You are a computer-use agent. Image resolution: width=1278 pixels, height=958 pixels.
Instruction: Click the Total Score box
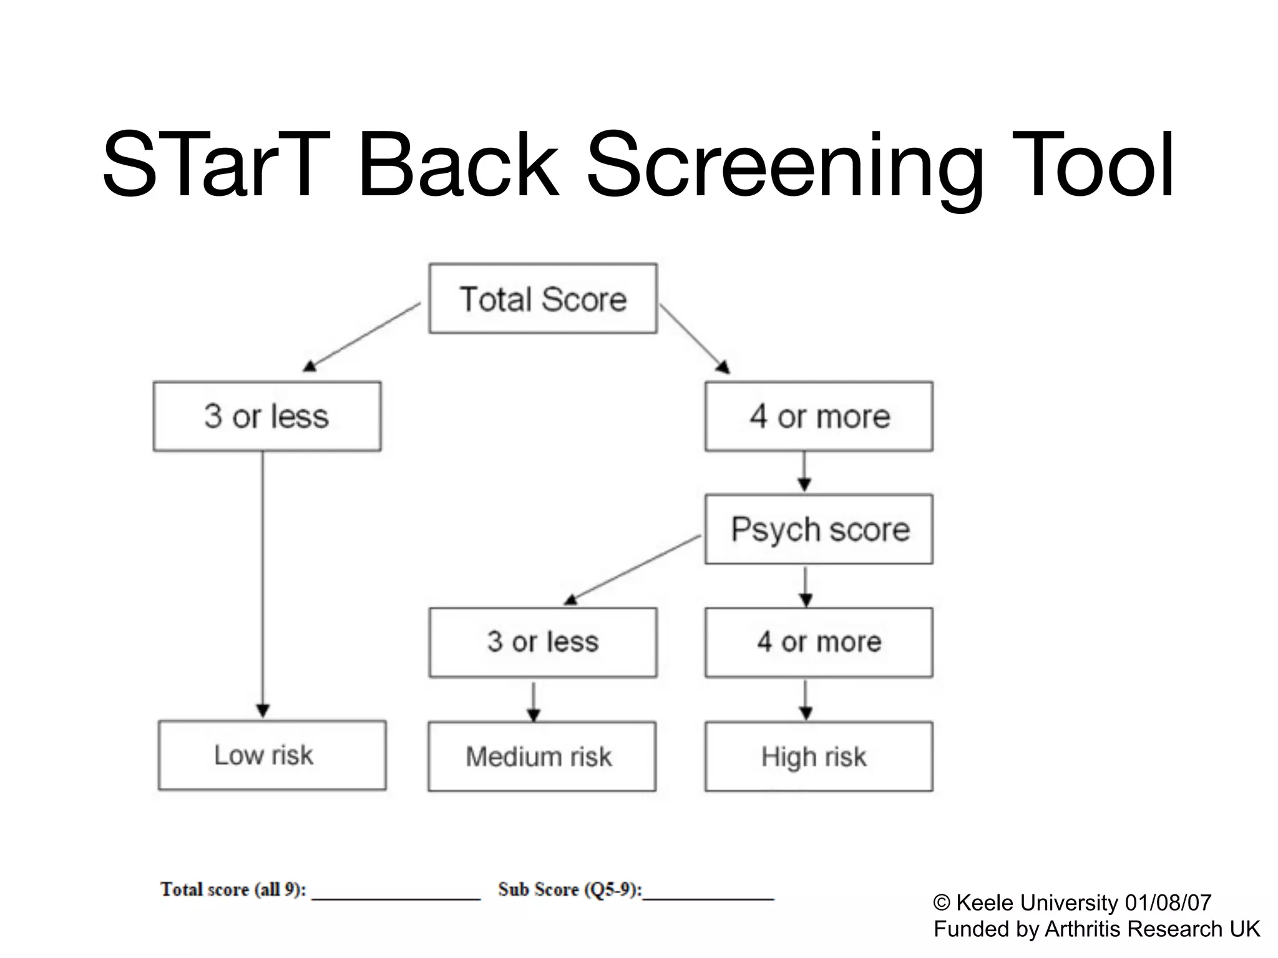click(x=543, y=299)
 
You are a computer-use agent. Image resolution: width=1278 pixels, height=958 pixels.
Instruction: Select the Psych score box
click(x=819, y=530)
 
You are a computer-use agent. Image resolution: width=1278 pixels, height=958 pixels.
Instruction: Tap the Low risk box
click(x=272, y=755)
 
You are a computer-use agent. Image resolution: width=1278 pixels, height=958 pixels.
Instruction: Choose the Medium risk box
click(x=542, y=757)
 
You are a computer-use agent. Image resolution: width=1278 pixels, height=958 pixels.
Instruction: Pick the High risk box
click(x=819, y=757)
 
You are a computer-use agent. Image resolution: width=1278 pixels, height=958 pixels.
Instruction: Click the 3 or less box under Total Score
click(x=267, y=416)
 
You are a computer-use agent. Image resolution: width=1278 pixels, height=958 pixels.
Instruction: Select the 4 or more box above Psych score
click(x=819, y=416)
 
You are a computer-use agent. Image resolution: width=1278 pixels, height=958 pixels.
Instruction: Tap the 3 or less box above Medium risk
click(x=543, y=642)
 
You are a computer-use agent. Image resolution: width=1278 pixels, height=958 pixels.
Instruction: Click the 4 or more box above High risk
click(x=819, y=642)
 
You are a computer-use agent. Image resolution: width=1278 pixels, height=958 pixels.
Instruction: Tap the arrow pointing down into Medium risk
click(x=534, y=701)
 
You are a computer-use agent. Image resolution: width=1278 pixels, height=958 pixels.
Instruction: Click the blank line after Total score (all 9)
click(x=396, y=897)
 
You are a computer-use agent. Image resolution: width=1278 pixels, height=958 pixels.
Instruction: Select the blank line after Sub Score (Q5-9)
click(x=708, y=897)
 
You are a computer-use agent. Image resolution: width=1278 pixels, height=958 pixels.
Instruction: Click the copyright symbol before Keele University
click(x=942, y=903)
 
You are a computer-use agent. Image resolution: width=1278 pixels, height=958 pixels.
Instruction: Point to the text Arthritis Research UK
click(x=1152, y=929)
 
